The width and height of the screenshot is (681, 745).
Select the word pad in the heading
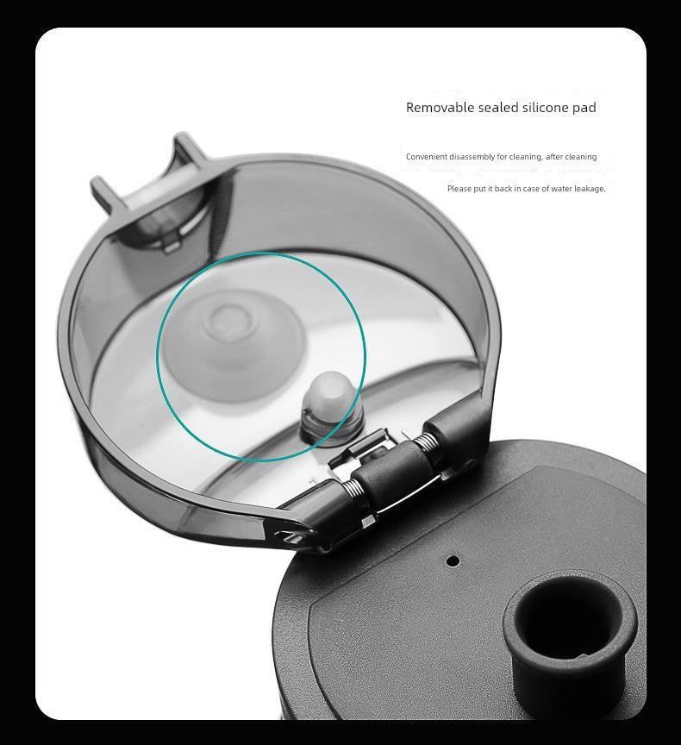[584, 108]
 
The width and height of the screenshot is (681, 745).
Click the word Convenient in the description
[426, 157]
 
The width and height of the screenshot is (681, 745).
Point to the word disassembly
[472, 157]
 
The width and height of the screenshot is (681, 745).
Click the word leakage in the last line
[590, 189]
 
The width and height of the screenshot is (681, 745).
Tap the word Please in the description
[459, 189]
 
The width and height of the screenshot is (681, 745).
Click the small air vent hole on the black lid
[453, 560]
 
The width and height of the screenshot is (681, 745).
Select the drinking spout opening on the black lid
[570, 617]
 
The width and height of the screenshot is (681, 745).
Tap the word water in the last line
[561, 189]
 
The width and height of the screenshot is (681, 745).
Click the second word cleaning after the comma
[581, 157]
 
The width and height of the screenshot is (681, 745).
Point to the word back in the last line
[503, 189]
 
